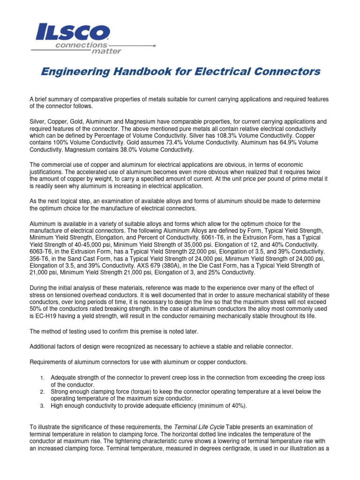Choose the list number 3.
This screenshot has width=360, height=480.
(x=42, y=406)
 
